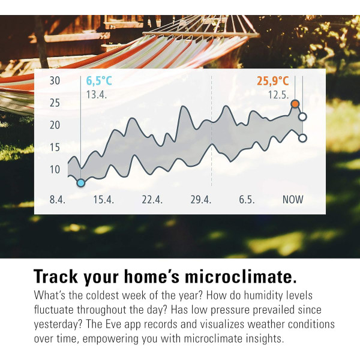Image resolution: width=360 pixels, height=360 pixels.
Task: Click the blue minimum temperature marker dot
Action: coord(81,182)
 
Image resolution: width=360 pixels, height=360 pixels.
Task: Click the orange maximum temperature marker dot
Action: coord(295,104)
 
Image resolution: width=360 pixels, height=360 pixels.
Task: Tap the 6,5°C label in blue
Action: coord(100,80)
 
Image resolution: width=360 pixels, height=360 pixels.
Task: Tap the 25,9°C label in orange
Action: coord(274,80)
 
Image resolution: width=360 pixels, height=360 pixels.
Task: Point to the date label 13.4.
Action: coord(96,94)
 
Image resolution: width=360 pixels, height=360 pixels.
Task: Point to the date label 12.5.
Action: coord(278,94)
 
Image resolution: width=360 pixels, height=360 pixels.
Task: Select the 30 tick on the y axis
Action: coord(55,81)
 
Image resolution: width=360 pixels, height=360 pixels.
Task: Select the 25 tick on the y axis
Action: coord(55,103)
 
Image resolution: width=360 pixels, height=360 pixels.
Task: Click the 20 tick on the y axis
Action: coord(55,125)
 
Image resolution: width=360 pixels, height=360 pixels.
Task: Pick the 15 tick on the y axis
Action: coord(55,148)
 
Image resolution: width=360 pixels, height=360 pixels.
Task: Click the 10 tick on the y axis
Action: coord(55,170)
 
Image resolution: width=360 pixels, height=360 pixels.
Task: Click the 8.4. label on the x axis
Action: coord(58,200)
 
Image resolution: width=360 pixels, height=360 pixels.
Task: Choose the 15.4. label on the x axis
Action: coord(103,200)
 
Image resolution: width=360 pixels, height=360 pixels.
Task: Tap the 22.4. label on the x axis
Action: coord(152,200)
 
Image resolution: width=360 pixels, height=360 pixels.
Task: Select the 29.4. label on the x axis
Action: coord(201,200)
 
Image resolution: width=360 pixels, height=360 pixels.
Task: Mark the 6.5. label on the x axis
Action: coord(247,200)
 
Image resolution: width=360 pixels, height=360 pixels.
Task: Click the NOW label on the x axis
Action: coord(293,200)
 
